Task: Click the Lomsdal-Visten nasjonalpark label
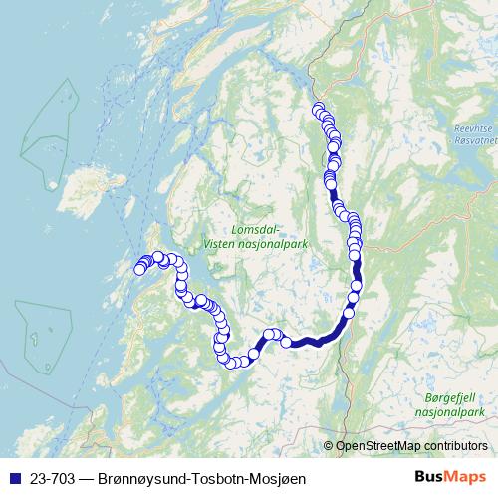(254, 234)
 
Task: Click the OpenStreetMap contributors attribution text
(411, 445)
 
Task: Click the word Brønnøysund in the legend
(140, 479)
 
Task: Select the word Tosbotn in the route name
(210, 479)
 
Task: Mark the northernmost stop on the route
(318, 109)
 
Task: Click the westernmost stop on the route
(140, 268)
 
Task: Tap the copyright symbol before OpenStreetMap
(329, 445)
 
